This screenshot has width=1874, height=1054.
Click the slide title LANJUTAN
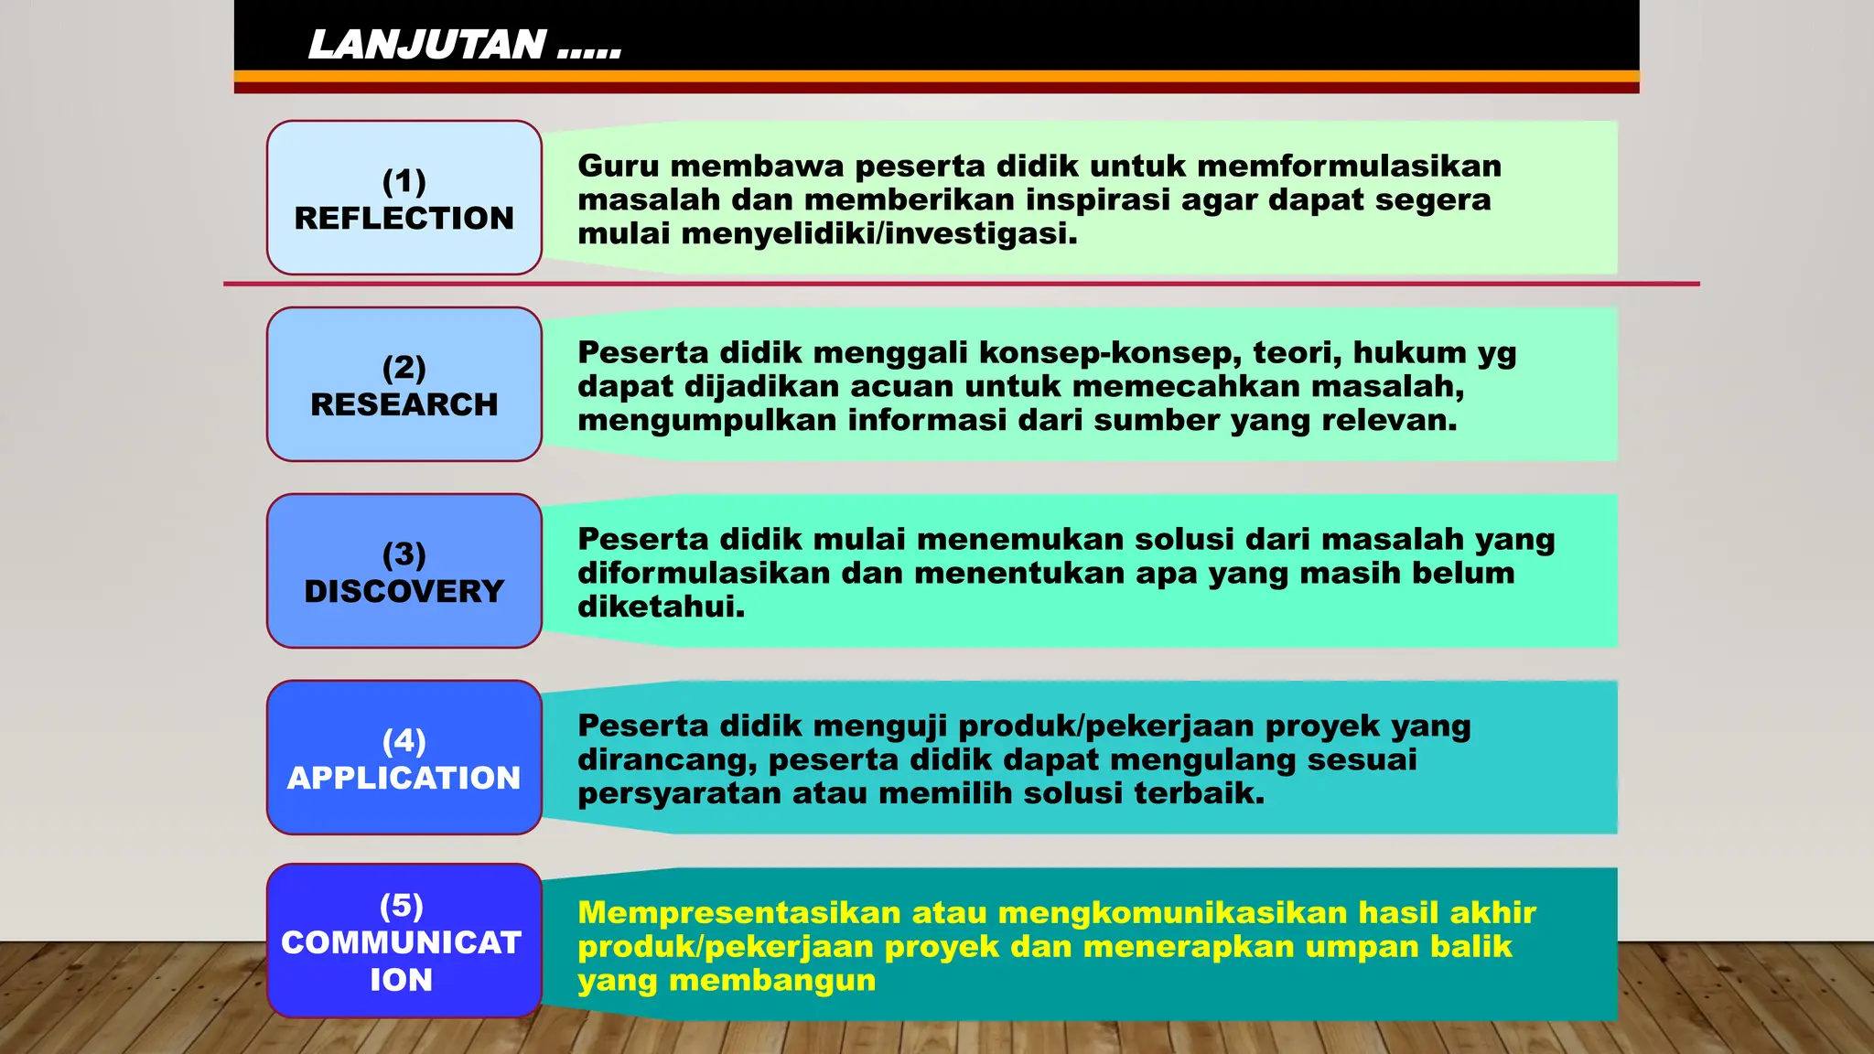tap(427, 44)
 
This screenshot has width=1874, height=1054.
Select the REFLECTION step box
tap(404, 198)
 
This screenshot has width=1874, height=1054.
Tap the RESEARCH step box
tap(404, 384)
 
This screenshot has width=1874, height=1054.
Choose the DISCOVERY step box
tap(404, 571)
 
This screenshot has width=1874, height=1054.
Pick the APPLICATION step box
tap(404, 758)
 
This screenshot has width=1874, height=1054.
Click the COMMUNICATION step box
tap(404, 941)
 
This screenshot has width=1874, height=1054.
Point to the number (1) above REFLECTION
tap(404, 181)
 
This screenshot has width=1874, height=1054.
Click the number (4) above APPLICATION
tap(404, 740)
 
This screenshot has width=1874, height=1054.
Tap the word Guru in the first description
tap(619, 167)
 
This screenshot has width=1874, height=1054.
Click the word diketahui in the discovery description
tap(661, 608)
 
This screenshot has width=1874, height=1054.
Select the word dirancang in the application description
tap(666, 760)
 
